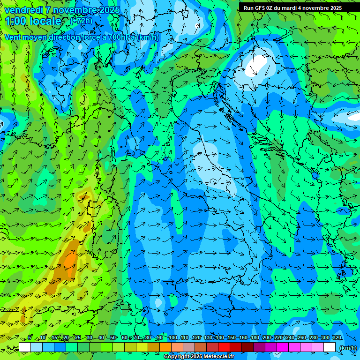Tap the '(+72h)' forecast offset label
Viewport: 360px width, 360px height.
click(81, 21)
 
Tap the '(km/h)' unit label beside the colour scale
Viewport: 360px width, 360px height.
click(348, 348)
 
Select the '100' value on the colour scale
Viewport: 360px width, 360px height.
click(173, 337)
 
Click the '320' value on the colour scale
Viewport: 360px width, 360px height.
click(337, 337)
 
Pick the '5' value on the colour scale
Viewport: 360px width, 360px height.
click(30, 337)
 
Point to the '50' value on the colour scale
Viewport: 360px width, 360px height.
click(113, 337)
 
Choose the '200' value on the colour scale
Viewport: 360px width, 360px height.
click(267, 337)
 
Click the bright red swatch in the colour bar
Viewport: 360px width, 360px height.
click(224, 347)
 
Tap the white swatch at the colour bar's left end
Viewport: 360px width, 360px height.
click(25, 347)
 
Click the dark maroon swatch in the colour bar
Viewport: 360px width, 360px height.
click(247, 347)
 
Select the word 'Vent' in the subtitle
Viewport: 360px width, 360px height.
click(13, 37)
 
